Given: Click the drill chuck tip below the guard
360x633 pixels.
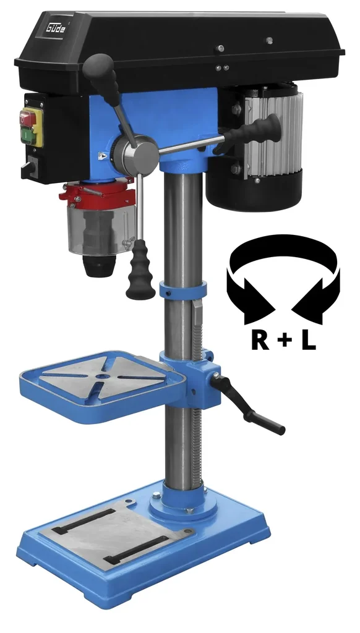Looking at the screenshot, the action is (98, 266).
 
